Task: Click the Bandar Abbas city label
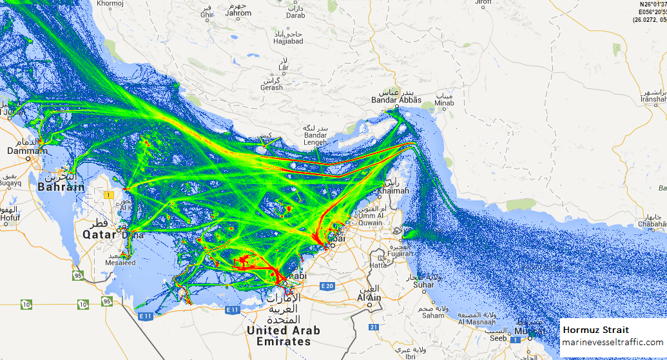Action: coord(396,100)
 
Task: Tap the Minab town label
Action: coord(444,102)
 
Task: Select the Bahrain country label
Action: coord(61,187)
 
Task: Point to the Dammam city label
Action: coord(27,151)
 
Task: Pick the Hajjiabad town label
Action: coord(287,41)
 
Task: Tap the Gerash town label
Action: coord(271,87)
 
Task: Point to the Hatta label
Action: coord(379,265)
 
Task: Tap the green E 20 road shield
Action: coord(327,286)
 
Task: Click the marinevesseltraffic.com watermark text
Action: coord(612,342)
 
